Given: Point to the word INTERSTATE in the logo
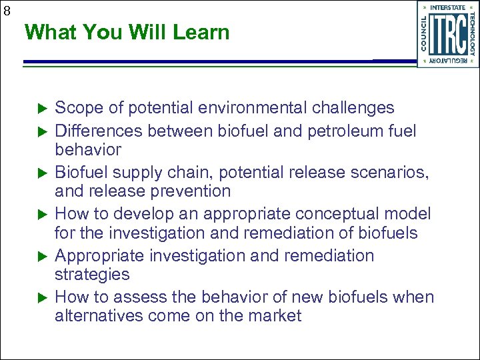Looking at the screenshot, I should [x=448, y=7].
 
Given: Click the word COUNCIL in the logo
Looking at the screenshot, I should [x=424, y=34].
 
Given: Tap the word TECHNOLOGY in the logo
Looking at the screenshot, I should [x=473, y=34].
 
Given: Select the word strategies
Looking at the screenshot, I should [x=92, y=275].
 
